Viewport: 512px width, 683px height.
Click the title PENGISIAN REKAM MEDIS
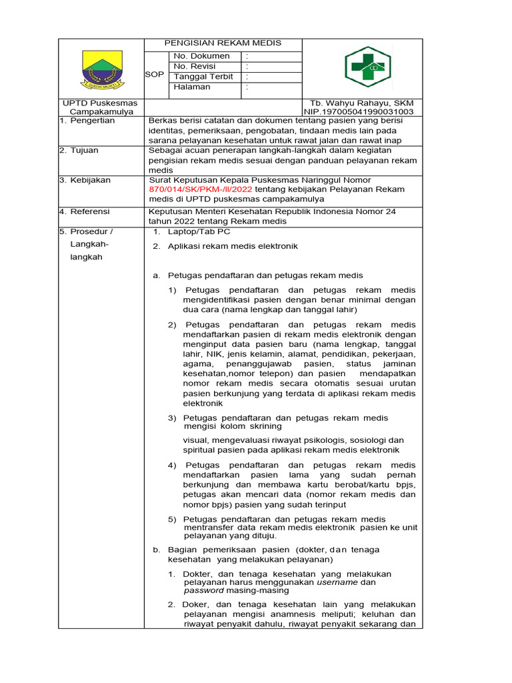point(224,43)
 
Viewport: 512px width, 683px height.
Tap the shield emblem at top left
point(102,69)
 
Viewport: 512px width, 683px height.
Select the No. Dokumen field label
point(201,56)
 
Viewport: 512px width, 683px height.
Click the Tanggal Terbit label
point(203,76)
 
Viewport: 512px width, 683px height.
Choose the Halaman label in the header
point(192,87)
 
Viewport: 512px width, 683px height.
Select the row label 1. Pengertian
point(87,121)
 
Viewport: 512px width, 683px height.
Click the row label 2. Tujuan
point(79,150)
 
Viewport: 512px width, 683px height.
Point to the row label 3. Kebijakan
point(85,180)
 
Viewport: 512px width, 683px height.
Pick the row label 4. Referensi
point(85,211)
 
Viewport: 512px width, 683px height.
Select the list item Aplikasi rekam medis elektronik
point(233,246)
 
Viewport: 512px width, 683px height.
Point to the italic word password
point(204,590)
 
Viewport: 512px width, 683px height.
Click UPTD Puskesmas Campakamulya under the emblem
point(100,107)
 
